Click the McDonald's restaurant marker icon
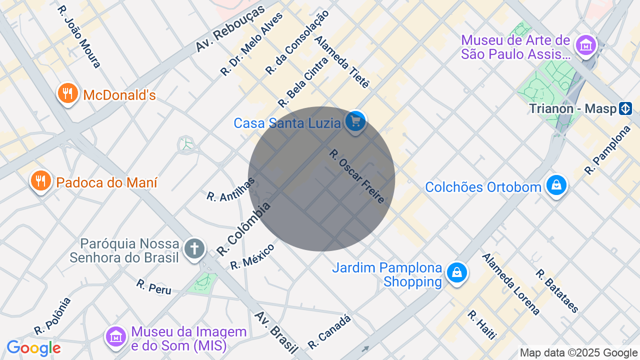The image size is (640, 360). coord(67,93)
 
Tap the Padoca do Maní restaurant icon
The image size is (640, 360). coord(40,180)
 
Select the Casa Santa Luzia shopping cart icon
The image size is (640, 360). coord(355,121)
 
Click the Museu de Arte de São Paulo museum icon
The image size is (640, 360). coord(586,45)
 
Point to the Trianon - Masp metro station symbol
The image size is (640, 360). coord(625,108)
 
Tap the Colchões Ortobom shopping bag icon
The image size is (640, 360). coord(556,185)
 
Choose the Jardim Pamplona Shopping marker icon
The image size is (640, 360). coord(456,273)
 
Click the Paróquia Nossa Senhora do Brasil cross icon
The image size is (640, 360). coord(194,248)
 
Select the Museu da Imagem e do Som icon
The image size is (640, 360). coord(116,336)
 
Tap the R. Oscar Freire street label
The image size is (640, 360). coord(357,176)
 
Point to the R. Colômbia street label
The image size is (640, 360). coord(244,228)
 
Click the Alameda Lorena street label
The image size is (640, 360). coord(510,284)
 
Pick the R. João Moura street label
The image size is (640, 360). coord(79,36)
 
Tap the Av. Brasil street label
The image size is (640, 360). coord(276,332)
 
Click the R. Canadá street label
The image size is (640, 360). coord(329,331)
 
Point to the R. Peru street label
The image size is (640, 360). coord(153,286)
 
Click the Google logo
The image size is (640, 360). coord(33,348)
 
